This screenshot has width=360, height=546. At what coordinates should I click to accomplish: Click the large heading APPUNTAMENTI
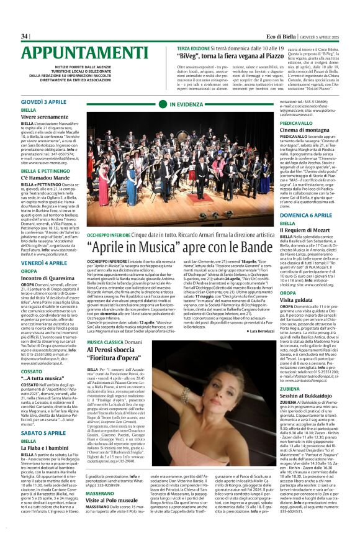85,53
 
